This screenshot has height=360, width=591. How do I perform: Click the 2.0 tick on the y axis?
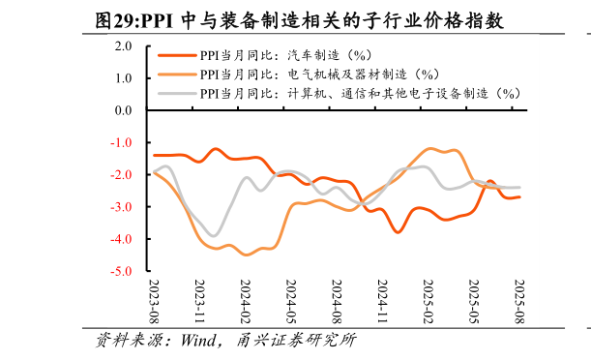click(123, 45)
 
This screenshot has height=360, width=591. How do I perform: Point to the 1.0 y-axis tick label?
click(123, 77)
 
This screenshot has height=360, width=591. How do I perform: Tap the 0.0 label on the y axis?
click(123, 110)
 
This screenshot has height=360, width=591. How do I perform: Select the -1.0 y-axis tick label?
click(121, 142)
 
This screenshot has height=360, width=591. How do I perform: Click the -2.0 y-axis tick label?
click(121, 175)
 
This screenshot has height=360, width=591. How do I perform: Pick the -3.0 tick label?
click(121, 207)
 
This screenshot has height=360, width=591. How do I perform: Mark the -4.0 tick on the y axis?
click(121, 239)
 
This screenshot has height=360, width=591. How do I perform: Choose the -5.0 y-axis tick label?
click(121, 272)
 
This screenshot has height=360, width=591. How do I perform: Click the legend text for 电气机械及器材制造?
click(319, 74)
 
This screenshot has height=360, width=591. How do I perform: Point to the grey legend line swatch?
click(177, 93)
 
